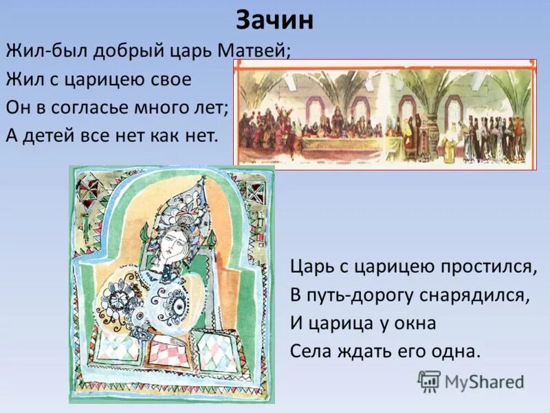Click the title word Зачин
[x=275, y=21]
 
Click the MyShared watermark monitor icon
[x=429, y=381]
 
